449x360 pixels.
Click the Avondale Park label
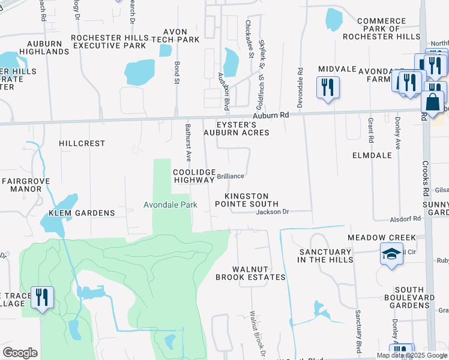[170, 205]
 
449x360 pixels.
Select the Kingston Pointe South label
[252, 200]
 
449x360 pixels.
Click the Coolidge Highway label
[194, 176]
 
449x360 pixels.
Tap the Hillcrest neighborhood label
[82, 144]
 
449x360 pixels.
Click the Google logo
[20, 352]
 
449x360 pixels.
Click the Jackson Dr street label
[273, 212]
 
